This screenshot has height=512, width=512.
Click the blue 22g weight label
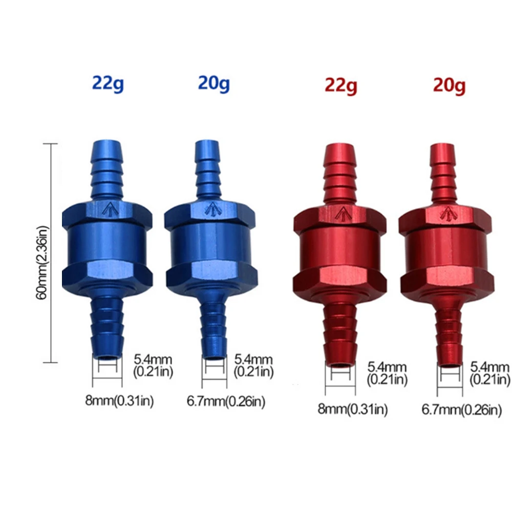108,84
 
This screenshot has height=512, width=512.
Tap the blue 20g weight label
214,83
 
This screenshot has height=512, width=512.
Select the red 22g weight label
341,86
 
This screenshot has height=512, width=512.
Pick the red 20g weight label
450,86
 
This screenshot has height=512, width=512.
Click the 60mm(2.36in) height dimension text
42,263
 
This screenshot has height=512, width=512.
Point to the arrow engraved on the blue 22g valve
110,209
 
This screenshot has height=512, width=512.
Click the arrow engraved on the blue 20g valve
212,209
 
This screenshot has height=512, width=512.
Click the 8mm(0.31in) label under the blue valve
119,401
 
